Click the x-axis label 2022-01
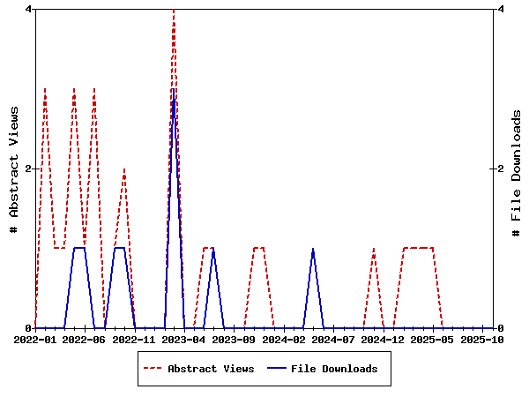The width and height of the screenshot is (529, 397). [x=35, y=339]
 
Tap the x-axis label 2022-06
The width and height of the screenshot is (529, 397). [x=85, y=339]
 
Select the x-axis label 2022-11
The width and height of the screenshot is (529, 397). [x=135, y=339]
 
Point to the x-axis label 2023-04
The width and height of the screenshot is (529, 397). [x=184, y=339]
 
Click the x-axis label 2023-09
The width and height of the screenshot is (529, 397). [x=234, y=339]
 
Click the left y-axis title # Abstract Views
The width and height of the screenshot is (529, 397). [x=14, y=169]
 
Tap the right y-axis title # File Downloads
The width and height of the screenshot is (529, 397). [x=517, y=169]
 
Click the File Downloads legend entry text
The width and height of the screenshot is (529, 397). [x=334, y=369]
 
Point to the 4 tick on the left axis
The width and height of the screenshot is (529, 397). [x=29, y=9]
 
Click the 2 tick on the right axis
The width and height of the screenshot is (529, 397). [x=500, y=169]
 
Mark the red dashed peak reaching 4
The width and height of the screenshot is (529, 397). [x=174, y=11]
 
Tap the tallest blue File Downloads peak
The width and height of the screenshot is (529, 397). [x=174, y=91]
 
